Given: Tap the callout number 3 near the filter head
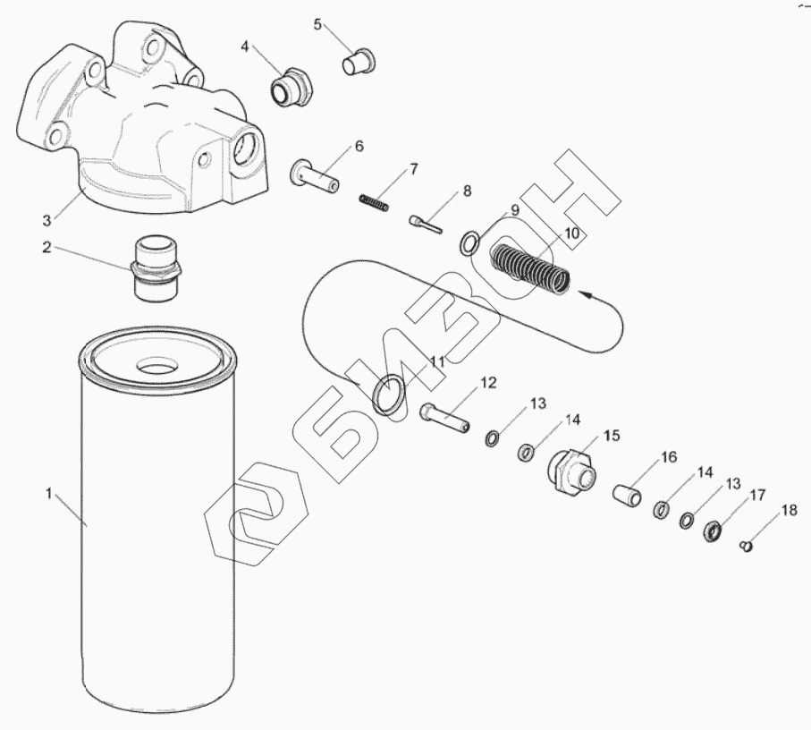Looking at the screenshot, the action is [46, 217].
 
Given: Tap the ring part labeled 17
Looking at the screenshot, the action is [714, 531].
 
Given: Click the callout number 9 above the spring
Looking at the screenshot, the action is [514, 210].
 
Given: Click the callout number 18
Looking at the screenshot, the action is [789, 511].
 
